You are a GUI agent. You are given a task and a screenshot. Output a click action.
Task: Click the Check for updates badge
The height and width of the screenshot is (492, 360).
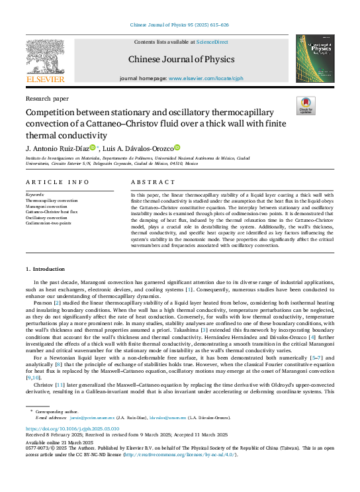coord(306,105)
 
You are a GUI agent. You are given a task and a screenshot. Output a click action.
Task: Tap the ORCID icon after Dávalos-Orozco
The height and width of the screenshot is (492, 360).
coord(177,148)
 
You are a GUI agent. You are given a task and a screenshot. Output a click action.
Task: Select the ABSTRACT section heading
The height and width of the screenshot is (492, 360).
coord(153,181)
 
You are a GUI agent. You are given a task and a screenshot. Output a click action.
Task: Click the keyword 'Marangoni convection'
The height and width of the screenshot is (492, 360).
coord(46,207)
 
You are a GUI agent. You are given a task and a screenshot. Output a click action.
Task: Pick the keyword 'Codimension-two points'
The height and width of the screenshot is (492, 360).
coord(48,222)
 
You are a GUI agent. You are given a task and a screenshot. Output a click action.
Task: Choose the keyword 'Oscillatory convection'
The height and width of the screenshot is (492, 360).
coord(46,217)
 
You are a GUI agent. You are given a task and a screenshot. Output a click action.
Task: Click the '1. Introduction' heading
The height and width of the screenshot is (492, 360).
coord(46,270)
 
